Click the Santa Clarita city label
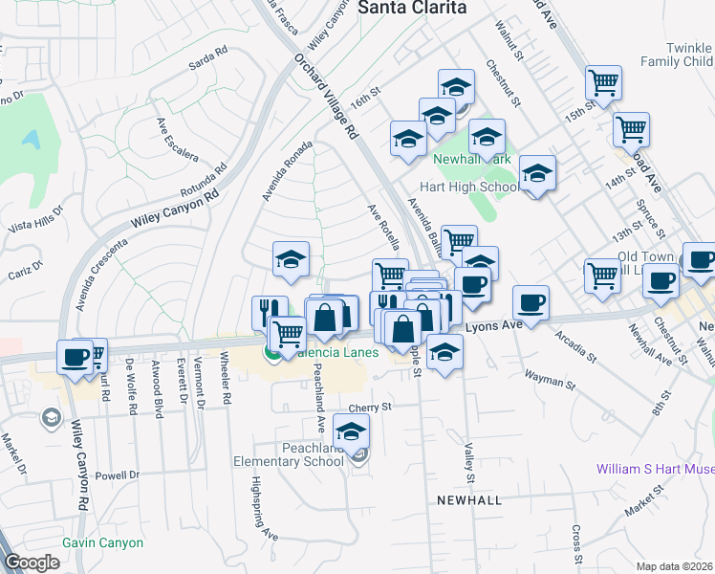412,8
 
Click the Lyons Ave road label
494,326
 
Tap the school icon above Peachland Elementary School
352,430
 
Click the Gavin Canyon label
102,543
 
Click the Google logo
32,563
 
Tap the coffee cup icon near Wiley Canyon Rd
75,358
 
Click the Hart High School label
469,188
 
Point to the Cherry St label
373,408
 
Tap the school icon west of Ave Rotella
291,258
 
